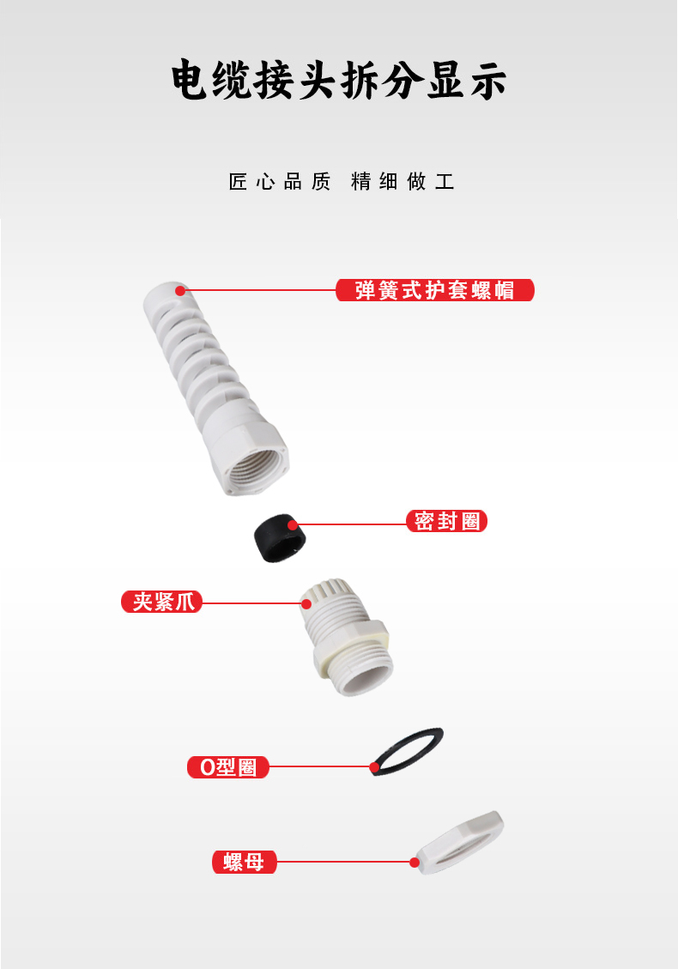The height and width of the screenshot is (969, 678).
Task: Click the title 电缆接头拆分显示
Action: [x=339, y=81]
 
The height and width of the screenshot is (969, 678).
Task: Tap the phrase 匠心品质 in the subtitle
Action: [x=280, y=182]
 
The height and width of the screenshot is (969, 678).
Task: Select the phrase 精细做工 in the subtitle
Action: [x=403, y=182]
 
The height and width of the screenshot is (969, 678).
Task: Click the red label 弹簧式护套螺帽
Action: [x=435, y=290]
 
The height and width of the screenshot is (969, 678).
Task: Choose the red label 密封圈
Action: [x=447, y=521]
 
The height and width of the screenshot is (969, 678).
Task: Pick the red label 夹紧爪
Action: [x=162, y=602]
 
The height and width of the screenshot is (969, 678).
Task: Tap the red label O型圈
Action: [x=228, y=767]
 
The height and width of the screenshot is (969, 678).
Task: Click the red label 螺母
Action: [x=244, y=862]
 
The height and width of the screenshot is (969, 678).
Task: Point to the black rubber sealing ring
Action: [x=280, y=538]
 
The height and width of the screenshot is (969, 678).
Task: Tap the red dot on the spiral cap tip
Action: [x=180, y=290]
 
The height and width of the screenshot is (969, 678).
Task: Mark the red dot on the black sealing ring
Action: [x=293, y=525]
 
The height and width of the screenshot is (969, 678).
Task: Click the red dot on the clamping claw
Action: [x=306, y=603]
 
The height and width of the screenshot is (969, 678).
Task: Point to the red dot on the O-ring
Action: [x=374, y=767]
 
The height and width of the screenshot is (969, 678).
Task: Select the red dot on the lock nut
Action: [x=415, y=862]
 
